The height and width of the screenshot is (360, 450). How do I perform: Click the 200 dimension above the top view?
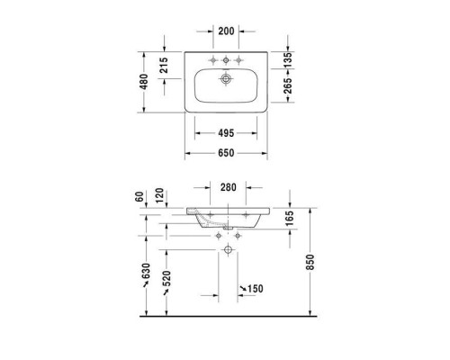click(x=227, y=31)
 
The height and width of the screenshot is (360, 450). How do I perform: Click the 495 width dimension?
click(x=227, y=133)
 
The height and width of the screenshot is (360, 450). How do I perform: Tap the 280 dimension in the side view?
click(x=227, y=188)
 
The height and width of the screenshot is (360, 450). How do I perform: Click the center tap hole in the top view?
click(x=227, y=60)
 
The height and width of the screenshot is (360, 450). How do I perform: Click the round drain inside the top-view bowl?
click(x=227, y=78)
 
